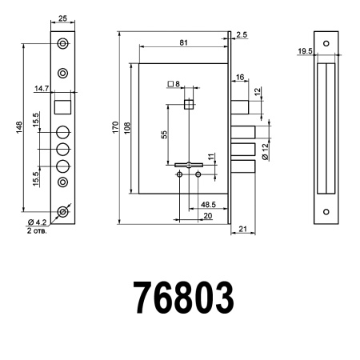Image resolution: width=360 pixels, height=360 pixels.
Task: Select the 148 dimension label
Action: point(18,128)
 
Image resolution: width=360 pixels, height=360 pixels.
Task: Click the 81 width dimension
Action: point(183,42)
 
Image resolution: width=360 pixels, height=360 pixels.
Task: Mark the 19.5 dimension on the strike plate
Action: point(305,51)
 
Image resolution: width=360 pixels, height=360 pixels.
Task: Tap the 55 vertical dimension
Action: point(163,134)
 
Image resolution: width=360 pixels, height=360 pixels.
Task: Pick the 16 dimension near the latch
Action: point(240,78)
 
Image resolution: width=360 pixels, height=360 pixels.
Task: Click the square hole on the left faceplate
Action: point(62,104)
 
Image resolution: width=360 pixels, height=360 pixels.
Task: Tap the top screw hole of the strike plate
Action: point(325,43)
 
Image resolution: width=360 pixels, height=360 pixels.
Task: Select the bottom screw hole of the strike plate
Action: point(325,213)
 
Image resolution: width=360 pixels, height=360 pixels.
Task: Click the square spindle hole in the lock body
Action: point(189,103)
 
